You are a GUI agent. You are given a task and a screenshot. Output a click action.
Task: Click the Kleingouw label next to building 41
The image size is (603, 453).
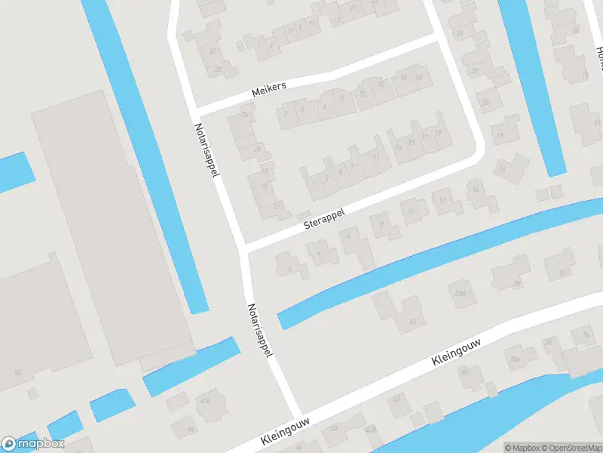[456, 353]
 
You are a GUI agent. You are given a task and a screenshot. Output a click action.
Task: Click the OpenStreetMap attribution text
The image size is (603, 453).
[571, 448]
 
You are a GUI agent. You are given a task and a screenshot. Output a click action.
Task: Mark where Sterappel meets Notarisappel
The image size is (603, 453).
[242, 248]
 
